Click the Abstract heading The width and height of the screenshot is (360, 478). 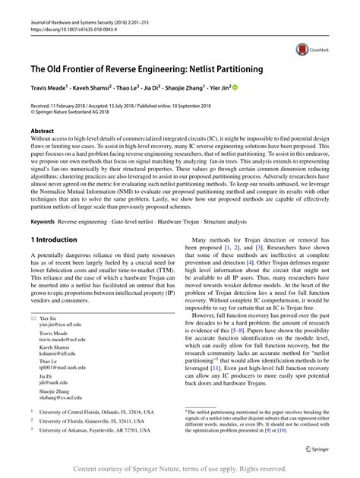[x=42, y=131]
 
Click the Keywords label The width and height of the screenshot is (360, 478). [x=43, y=222]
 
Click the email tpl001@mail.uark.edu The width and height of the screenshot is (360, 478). [x=65, y=368]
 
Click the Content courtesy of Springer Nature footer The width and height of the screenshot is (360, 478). [x=181, y=468]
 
